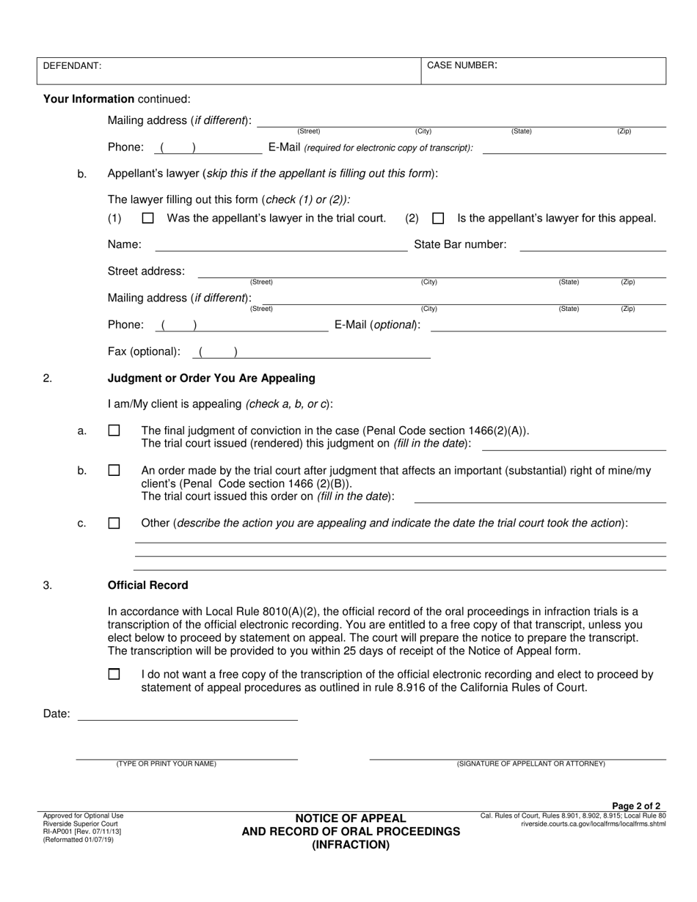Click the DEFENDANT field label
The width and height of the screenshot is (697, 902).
tap(72, 66)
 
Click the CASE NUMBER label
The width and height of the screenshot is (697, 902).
tap(462, 65)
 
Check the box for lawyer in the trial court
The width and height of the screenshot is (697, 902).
tap(148, 219)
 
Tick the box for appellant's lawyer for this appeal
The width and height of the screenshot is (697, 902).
tap(438, 219)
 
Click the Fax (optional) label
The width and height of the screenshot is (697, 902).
tap(144, 351)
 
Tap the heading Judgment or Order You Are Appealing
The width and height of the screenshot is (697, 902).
tap(211, 378)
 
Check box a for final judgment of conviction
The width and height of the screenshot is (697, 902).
tap(114, 431)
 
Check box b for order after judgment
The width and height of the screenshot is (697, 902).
tap(114, 471)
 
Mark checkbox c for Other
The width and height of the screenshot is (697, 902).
tap(114, 524)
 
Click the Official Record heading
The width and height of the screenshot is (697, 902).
tap(147, 585)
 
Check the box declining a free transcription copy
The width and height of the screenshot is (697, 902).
tap(114, 675)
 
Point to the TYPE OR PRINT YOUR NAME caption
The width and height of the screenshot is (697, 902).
tap(166, 764)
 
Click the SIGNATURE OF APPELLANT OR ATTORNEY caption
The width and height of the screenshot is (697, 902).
tap(530, 764)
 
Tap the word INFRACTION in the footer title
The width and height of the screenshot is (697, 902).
tap(351, 845)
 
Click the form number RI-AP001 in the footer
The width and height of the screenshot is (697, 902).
tap(62, 832)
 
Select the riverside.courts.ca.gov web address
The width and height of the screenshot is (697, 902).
tap(593, 824)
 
